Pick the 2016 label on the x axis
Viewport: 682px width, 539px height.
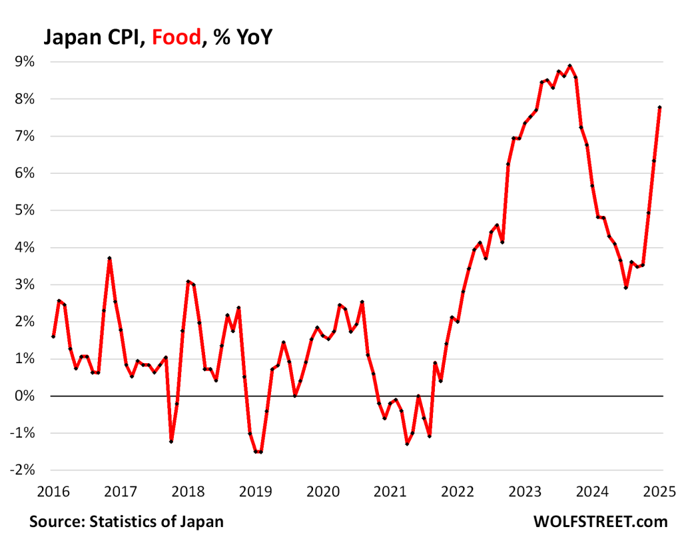point(53,492)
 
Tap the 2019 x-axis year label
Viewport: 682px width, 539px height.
point(255,492)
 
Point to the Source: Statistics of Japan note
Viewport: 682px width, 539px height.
point(127,521)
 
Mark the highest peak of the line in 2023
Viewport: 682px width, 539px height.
point(569,66)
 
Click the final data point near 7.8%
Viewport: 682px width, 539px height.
point(659,107)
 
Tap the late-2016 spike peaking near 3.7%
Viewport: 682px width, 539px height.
point(109,258)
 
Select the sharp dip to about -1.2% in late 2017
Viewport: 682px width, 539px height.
point(171,442)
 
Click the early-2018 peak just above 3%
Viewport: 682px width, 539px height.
point(188,281)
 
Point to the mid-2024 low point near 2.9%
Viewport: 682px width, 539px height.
point(625,287)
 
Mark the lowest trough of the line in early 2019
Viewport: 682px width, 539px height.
point(258,452)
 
